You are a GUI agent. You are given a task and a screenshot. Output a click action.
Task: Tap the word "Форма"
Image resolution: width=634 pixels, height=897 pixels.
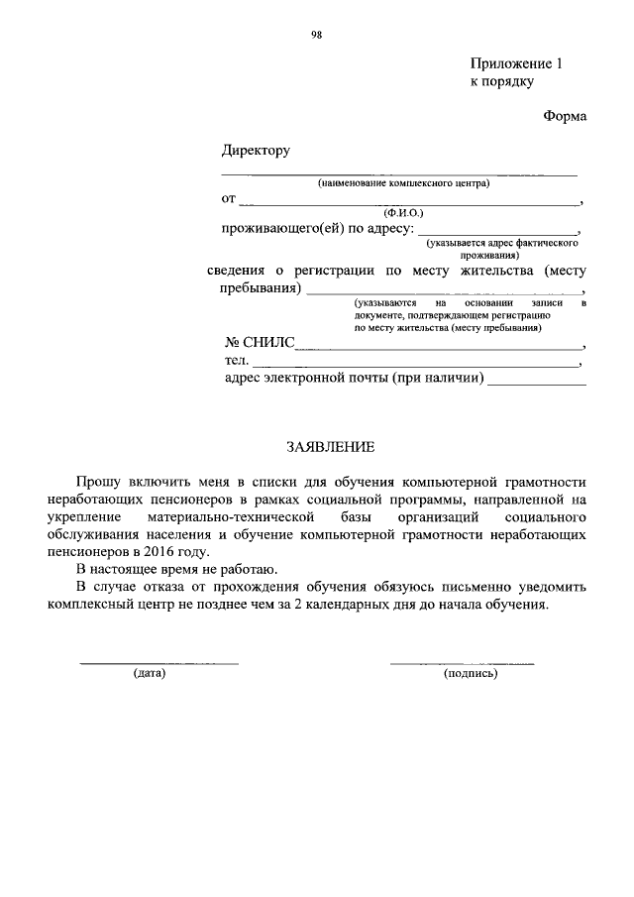click(x=565, y=116)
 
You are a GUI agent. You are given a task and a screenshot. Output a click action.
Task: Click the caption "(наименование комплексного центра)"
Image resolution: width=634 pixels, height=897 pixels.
click(x=403, y=183)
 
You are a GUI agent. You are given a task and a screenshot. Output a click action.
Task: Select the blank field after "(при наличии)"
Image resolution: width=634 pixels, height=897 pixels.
click(x=536, y=381)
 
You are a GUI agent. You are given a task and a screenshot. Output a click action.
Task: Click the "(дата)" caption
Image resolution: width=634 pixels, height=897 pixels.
click(x=149, y=674)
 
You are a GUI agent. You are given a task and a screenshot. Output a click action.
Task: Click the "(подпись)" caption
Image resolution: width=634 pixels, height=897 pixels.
click(x=472, y=674)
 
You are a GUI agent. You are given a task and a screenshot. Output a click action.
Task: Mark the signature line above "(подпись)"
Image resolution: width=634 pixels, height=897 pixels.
click(x=462, y=661)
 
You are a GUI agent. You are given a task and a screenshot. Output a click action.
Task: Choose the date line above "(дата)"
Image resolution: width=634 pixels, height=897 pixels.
click(x=158, y=661)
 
